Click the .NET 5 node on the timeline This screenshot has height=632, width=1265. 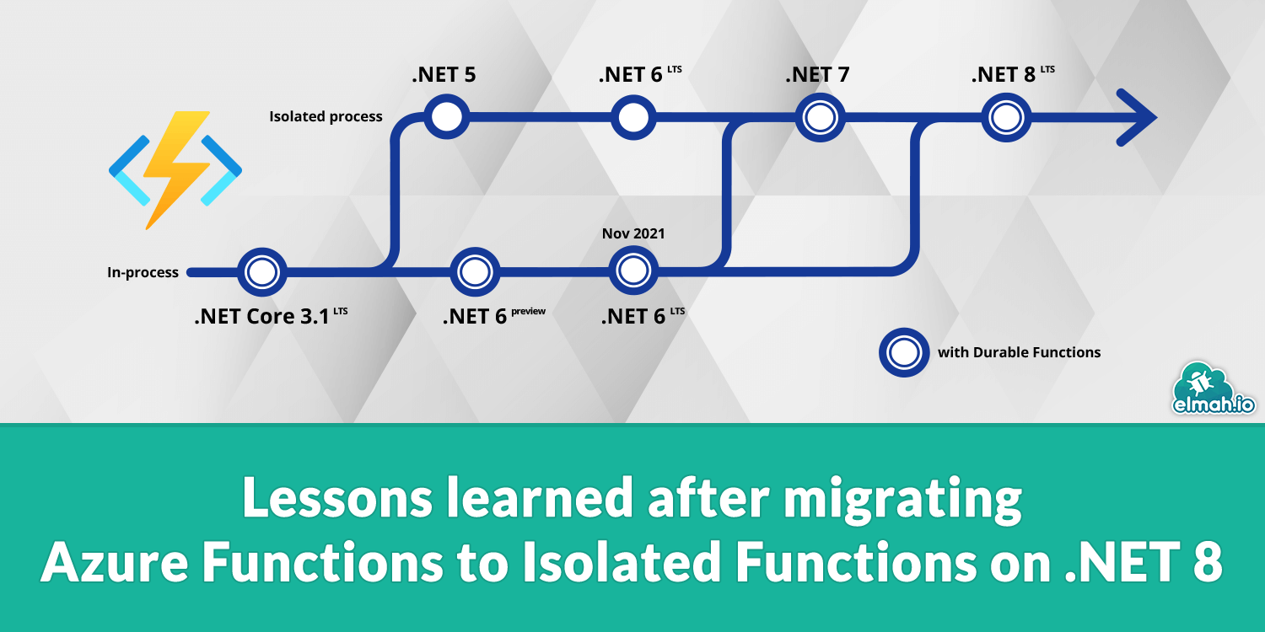point(446,116)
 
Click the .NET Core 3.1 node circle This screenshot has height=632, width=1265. point(261,271)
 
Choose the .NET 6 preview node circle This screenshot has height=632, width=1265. point(475,271)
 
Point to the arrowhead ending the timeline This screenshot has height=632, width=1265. point(1138,117)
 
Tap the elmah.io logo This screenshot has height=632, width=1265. point(1214,390)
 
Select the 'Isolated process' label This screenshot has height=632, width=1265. point(326,116)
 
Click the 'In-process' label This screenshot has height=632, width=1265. point(143,272)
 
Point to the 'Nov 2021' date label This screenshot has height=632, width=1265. point(633,233)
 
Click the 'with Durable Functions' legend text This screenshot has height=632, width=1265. point(1019,352)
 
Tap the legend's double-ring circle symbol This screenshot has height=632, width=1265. point(903,352)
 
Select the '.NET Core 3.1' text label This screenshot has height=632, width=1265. point(261,318)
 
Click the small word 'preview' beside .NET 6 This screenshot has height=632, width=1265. point(528,311)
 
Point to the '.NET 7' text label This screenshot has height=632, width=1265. point(817,74)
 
